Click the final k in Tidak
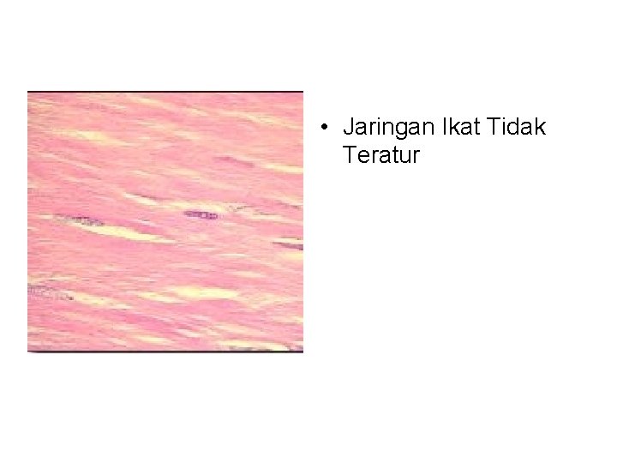coord(540,129)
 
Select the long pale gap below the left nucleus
coord(129,232)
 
